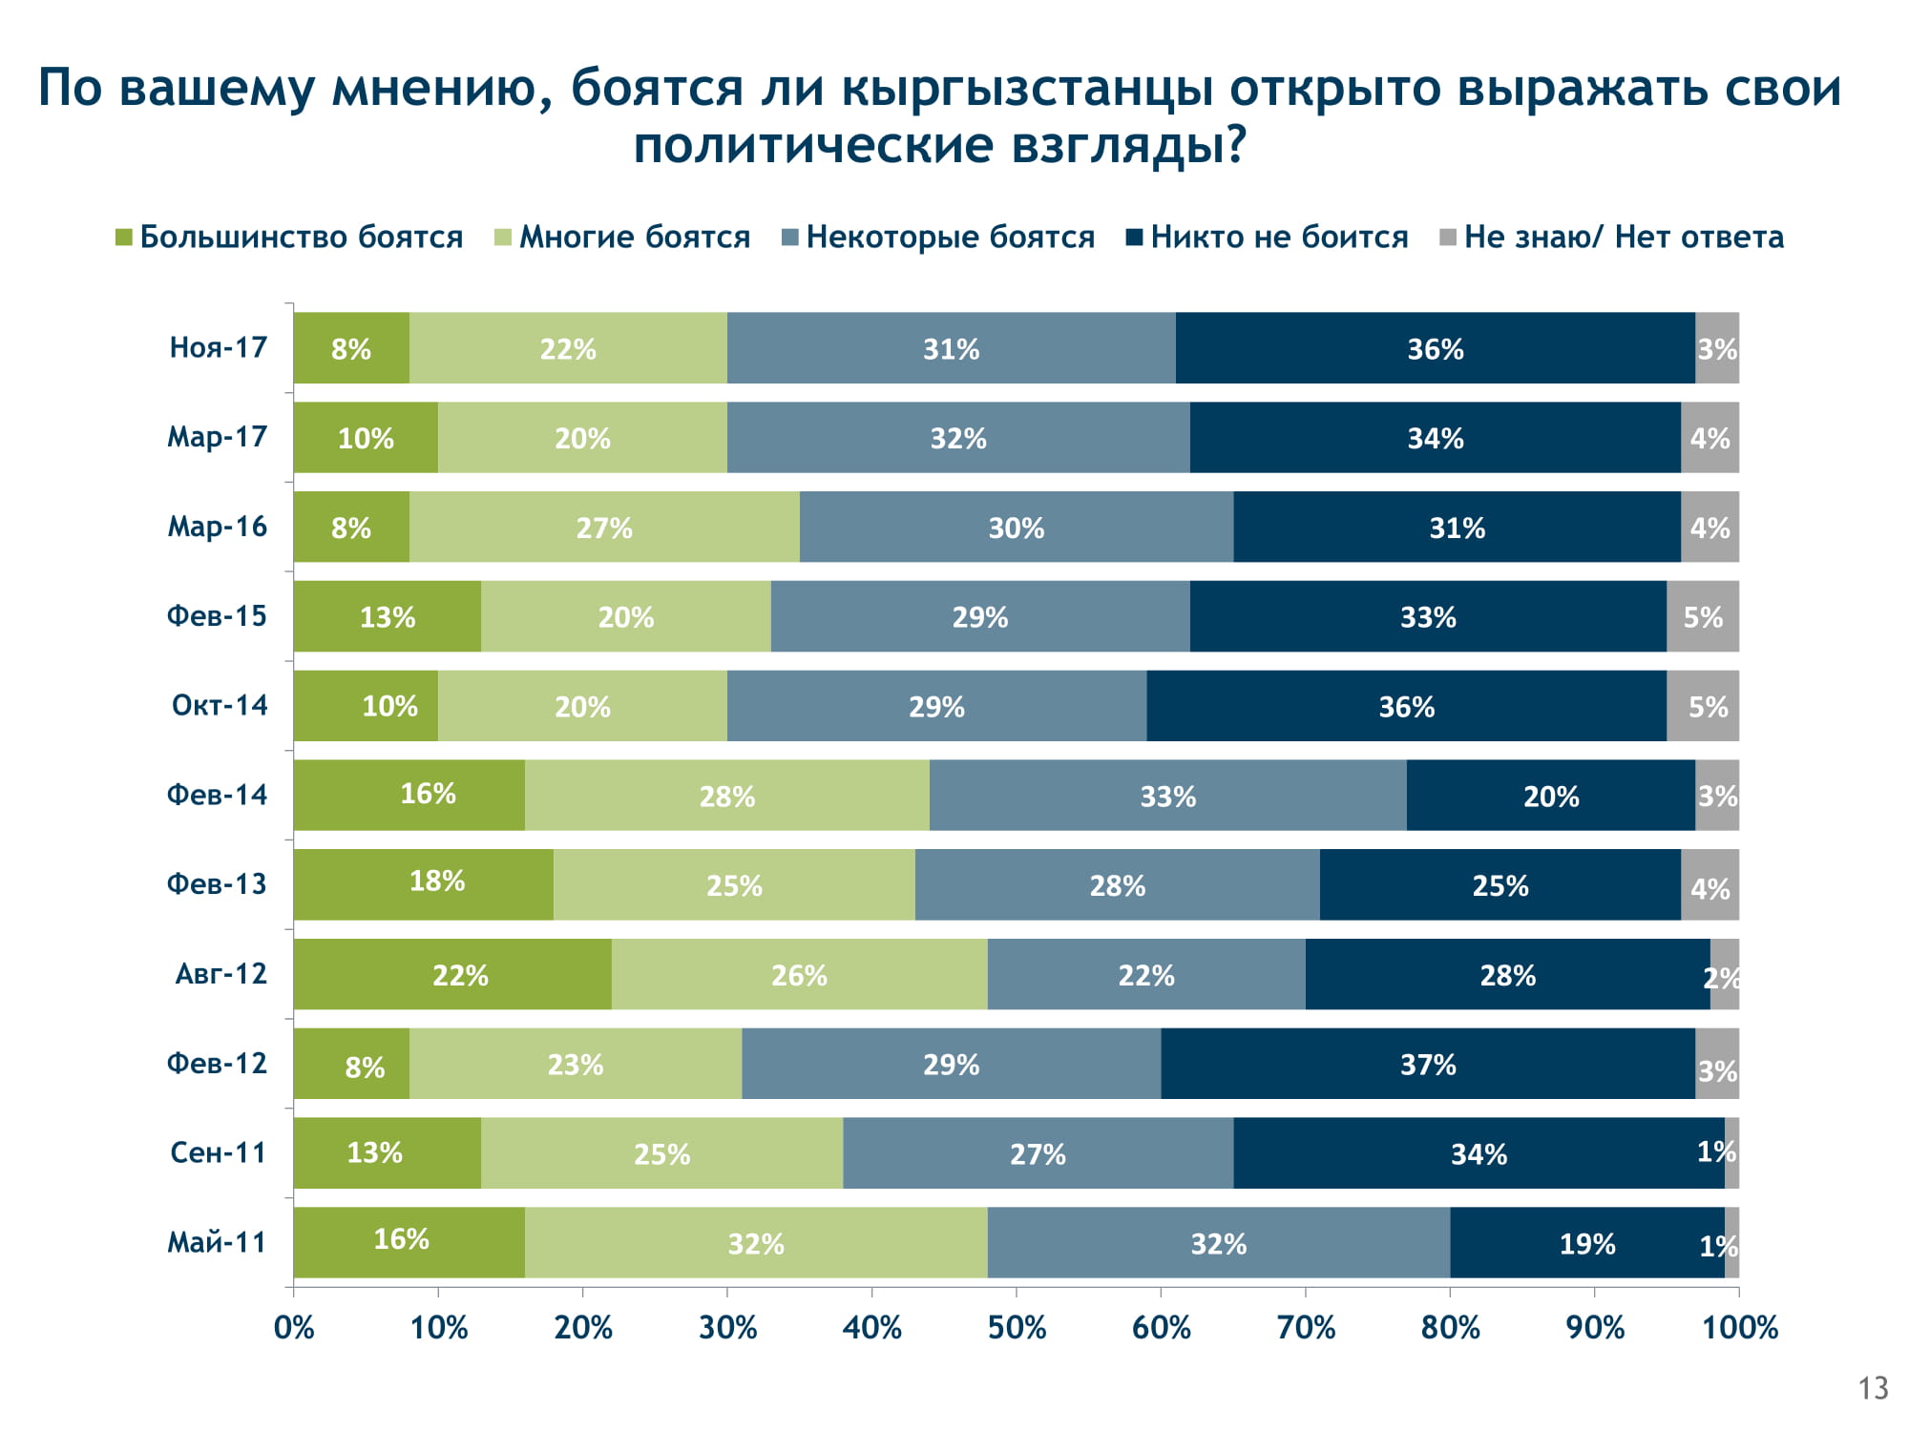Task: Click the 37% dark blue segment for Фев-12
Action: click(x=1428, y=1064)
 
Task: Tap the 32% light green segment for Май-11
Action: click(x=756, y=1243)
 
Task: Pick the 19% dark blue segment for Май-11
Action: click(x=1586, y=1243)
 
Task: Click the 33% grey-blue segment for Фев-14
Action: click(x=1167, y=796)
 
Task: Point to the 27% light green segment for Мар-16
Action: click(x=604, y=528)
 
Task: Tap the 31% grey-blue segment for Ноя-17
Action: click(x=951, y=348)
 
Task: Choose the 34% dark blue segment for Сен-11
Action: click(x=1479, y=1153)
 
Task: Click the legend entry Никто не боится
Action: click(x=1279, y=237)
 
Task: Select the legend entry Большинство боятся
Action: click(x=301, y=237)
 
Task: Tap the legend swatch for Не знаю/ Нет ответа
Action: click(x=1448, y=237)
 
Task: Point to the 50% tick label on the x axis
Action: click(x=1017, y=1327)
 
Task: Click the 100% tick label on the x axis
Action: click(x=1739, y=1327)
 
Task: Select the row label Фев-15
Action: click(x=218, y=616)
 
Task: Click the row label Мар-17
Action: click(x=218, y=437)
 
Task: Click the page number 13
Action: click(x=1873, y=1388)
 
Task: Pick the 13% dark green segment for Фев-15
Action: click(x=388, y=617)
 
